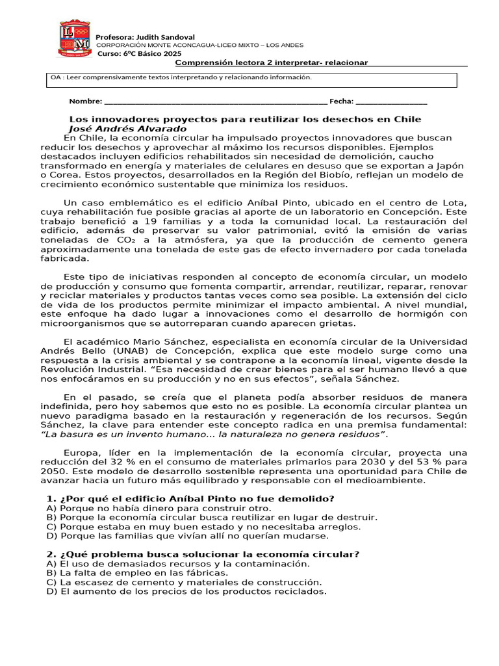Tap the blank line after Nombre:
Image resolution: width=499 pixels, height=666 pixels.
point(215,101)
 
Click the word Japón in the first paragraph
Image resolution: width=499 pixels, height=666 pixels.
point(450,165)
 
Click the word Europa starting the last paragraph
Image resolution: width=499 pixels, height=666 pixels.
point(80,453)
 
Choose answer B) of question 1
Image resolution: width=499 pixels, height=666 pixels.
point(212,518)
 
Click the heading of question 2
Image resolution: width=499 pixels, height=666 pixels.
point(203,554)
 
